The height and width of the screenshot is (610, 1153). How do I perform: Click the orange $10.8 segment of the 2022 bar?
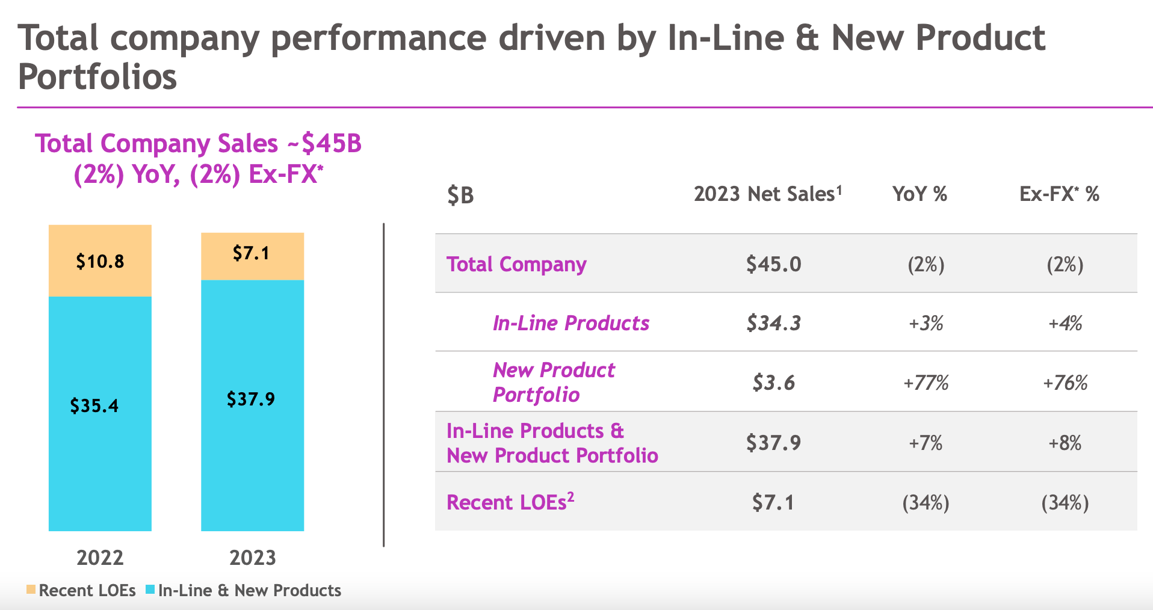[x=100, y=261]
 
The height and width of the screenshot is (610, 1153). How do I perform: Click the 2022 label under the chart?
[x=100, y=558]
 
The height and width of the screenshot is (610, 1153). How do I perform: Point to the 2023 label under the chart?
[x=252, y=558]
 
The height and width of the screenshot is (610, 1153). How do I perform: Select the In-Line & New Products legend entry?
[x=244, y=590]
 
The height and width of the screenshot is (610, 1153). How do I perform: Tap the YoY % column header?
[x=920, y=194]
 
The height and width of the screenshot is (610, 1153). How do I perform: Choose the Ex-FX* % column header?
[x=1059, y=194]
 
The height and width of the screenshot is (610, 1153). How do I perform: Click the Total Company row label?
[x=516, y=264]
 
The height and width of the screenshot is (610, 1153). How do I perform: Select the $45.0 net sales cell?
[x=773, y=264]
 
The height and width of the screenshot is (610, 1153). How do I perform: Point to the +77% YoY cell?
[x=926, y=383]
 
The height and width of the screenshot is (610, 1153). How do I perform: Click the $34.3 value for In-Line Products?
[x=773, y=323]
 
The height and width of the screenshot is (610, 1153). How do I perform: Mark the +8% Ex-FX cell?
[x=1065, y=443]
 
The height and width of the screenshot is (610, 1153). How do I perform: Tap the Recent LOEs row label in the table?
[x=510, y=502]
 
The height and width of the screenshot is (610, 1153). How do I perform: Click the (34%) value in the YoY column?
[x=926, y=502]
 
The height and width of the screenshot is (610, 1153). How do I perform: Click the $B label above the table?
[x=460, y=195]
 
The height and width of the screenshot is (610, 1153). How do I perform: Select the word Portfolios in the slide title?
[x=97, y=77]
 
